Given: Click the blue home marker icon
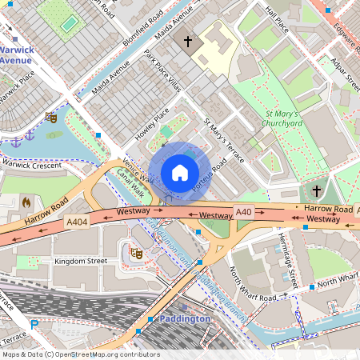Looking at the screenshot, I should pyautogui.click(x=180, y=172).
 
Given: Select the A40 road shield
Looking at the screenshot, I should pyautogui.click(x=244, y=210).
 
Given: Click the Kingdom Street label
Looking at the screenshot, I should pyautogui.click(x=79, y=262).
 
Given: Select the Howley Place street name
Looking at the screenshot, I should pyautogui.click(x=152, y=126).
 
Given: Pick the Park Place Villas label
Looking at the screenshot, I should pyautogui.click(x=163, y=72).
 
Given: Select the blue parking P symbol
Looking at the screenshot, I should pyautogui.click(x=34, y=324).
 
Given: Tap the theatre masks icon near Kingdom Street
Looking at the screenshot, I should pyautogui.click(x=136, y=254).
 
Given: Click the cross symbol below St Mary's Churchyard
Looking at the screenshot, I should pyautogui.click(x=316, y=191).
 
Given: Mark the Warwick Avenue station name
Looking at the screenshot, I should pyautogui.click(x=16, y=54).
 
